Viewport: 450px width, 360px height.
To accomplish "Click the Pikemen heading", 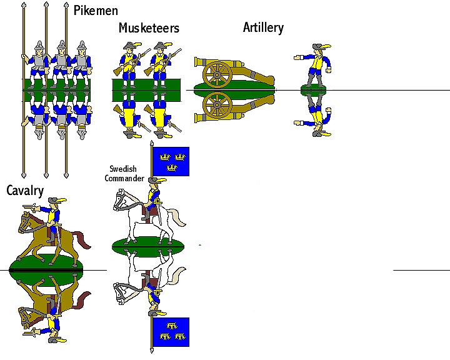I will point(96,11).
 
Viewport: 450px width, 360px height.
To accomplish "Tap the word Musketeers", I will point(149,28).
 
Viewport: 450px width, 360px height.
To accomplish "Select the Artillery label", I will point(263,27).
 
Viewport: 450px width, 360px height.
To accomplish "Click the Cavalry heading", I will point(25,191).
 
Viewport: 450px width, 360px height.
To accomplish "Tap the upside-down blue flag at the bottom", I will point(171,332).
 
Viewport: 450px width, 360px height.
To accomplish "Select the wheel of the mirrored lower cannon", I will point(217,104).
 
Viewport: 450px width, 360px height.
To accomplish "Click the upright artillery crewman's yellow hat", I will point(321,48).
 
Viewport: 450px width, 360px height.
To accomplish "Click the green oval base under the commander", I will point(148,246).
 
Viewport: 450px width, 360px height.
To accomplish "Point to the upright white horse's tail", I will point(178,217).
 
